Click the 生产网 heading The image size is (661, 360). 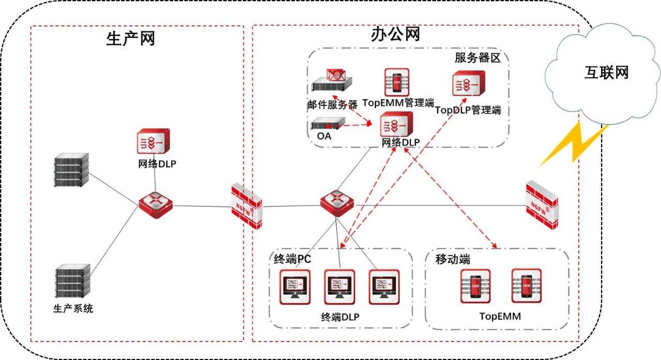130,38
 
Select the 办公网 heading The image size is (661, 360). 395,35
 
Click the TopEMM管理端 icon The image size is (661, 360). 397,82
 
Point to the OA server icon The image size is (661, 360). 327,124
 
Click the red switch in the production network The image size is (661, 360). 155,205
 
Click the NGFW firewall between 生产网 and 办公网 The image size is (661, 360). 246,205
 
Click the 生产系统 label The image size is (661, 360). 73,309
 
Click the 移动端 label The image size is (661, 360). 452,259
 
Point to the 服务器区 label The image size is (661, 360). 478,57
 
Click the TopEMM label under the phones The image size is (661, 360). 499,316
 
